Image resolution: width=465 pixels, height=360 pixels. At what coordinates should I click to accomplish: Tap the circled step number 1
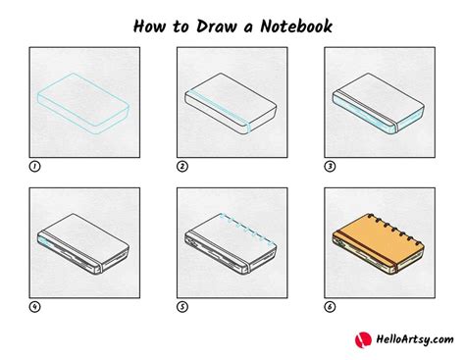[x=35, y=167]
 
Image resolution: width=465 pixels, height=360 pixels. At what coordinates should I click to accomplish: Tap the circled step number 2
[x=182, y=167]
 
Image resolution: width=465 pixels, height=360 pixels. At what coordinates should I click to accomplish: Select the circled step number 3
[x=329, y=167]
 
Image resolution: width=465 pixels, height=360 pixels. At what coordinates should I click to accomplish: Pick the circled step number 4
[x=35, y=305]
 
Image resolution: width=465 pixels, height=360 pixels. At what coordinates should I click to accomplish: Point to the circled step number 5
[x=182, y=305]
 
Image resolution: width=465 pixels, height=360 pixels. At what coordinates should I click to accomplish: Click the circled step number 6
[x=329, y=305]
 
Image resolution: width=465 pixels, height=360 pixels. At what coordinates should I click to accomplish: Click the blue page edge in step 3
[x=363, y=114]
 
